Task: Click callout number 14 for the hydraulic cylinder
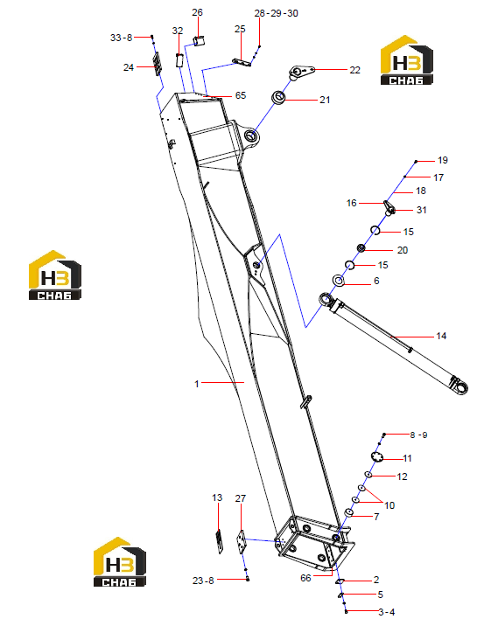[441, 336]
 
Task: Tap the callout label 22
[354, 70]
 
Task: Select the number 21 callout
[325, 100]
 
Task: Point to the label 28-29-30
[276, 14]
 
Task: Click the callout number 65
[241, 95]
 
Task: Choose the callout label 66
[305, 578]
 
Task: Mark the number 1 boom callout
[197, 384]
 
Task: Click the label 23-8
[203, 581]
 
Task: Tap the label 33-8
[121, 38]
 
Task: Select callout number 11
[407, 458]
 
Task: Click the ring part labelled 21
[278, 97]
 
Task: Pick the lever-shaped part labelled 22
[301, 72]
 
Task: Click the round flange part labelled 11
[376, 456]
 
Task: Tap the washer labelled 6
[339, 281]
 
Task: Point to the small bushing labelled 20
[361, 248]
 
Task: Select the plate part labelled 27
[241, 541]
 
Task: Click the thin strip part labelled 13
[219, 541]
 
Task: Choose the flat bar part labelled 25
[242, 62]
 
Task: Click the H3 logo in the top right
[407, 60]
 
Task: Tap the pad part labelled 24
[158, 64]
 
